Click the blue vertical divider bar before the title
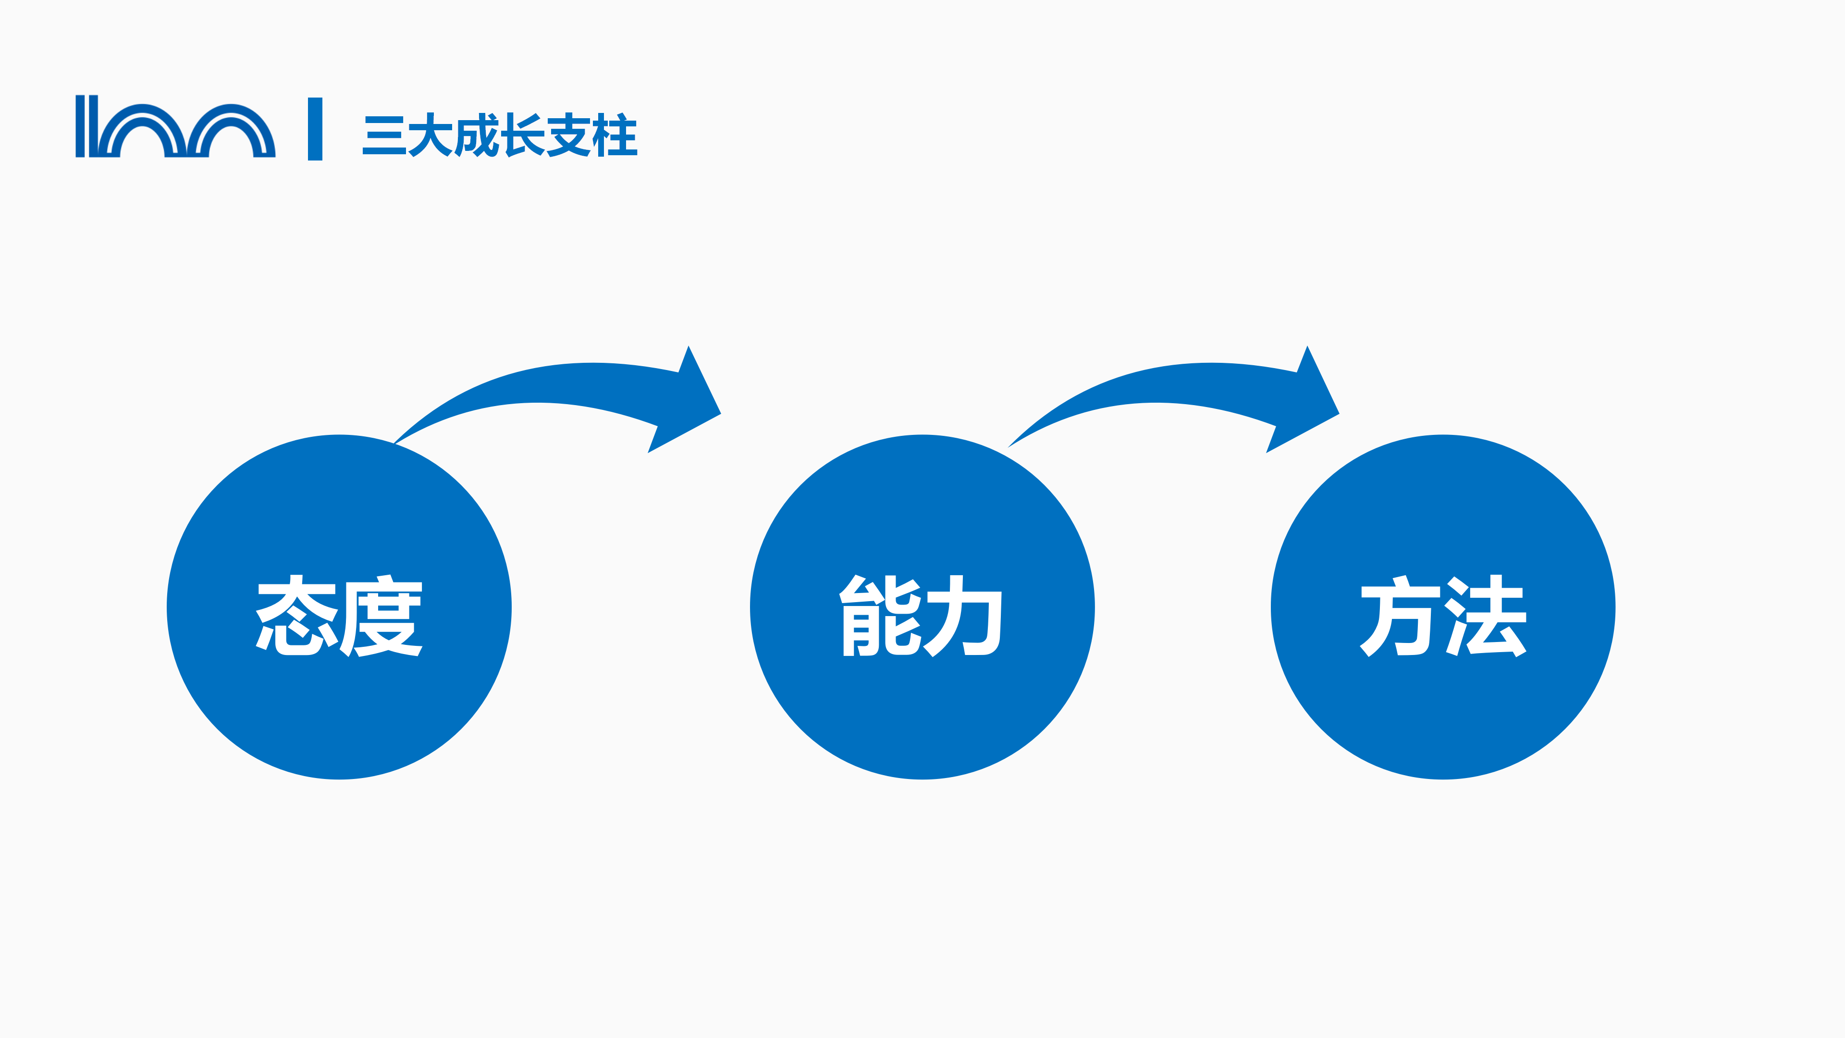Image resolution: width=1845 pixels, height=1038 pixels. pyautogui.click(x=315, y=129)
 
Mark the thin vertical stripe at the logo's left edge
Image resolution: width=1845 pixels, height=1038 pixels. pyautogui.click(x=80, y=126)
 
